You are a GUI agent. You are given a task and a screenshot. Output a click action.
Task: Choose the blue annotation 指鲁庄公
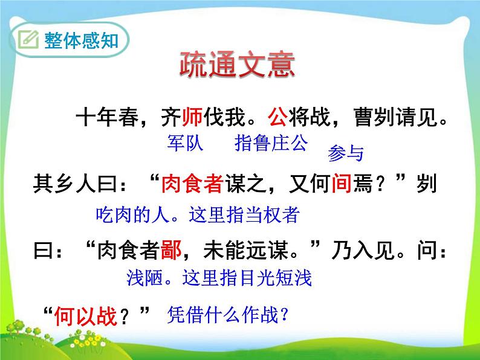click(270, 143)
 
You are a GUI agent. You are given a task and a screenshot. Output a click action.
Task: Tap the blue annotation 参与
click(345, 154)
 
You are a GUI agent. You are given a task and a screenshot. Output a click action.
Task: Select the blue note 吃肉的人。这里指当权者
click(198, 215)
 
